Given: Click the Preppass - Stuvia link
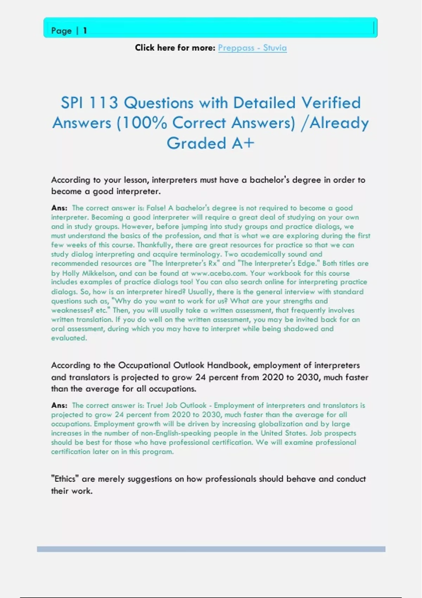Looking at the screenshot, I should tap(252, 48).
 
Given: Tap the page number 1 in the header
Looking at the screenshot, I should tap(85, 31).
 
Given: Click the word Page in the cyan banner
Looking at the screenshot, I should tap(61, 31).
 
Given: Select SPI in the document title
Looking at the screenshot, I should tap(71, 103).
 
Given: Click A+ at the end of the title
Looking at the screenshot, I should tap(243, 143).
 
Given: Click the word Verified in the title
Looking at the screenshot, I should tap(331, 103).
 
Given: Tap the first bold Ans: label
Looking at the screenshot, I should tap(59, 208).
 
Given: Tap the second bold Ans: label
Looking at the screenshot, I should tap(59, 405).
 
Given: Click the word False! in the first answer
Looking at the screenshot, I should tap(156, 208).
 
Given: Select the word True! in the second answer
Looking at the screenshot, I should tap(155, 405).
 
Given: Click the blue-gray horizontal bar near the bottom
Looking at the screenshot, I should tap(211, 549).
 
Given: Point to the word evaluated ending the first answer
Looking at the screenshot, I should tap(69, 338).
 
